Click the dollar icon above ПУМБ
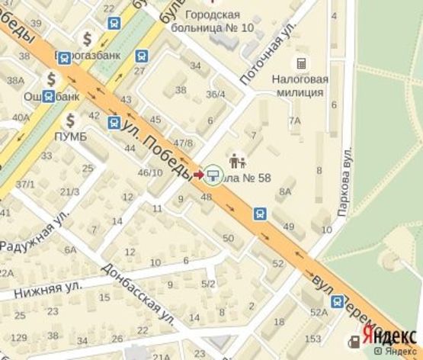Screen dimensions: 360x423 point(70,120)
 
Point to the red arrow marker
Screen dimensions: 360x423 point(198,175)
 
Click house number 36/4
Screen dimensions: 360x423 point(216,95)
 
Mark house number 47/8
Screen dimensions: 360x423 point(183,143)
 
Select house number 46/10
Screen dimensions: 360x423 point(149,172)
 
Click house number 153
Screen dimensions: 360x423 point(312,338)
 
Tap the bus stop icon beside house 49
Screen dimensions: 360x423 point(261,214)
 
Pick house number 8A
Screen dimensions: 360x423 point(285,192)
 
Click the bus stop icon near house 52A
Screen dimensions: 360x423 point(337,302)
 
